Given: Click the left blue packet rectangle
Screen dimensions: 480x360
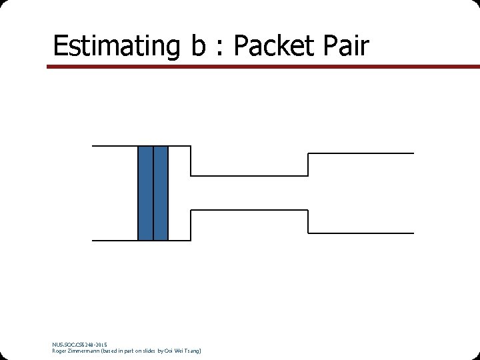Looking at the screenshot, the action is point(145,193).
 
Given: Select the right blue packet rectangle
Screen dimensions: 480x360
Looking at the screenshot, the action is point(161,193).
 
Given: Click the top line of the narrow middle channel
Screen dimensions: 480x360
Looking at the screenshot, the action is point(249,176).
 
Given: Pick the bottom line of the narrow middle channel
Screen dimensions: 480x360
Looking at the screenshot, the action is point(249,210).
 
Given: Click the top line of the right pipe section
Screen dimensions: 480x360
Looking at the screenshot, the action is point(361,153).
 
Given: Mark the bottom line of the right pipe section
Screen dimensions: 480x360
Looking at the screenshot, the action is point(361,233).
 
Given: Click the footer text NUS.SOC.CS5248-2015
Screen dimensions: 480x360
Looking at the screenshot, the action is point(79,345).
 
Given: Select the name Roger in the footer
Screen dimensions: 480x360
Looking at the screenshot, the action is point(59,351).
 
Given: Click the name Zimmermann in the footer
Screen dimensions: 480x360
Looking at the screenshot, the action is point(83,351).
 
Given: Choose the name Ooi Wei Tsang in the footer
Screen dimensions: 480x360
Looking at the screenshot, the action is point(185,351).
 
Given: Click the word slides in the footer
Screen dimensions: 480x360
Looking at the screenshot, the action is point(155,351).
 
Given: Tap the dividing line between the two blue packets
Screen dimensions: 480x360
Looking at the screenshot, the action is point(153,193).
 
